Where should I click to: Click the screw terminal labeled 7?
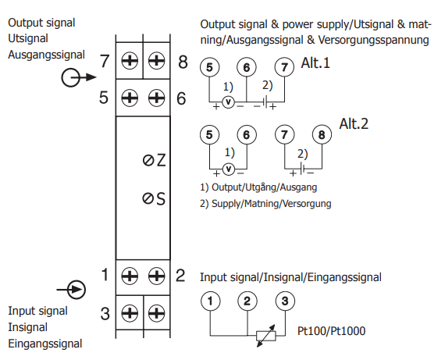click(x=130, y=61)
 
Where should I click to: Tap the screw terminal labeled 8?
click(x=156, y=61)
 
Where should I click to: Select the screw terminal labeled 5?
click(x=130, y=98)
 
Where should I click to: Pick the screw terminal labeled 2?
click(x=156, y=276)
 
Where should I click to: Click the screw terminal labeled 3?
click(x=130, y=313)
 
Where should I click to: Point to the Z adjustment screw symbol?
click(x=148, y=161)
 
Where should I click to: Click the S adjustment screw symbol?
click(x=148, y=198)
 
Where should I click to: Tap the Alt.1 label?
click(x=315, y=62)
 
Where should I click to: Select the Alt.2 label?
click(x=354, y=124)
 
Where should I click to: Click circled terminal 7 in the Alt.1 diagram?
click(x=284, y=67)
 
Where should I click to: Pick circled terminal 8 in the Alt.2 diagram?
click(x=322, y=134)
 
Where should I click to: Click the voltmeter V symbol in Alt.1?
click(x=228, y=102)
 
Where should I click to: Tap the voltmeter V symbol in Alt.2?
click(x=229, y=169)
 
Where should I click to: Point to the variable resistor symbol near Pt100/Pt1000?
click(x=266, y=336)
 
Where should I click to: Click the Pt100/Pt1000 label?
click(x=331, y=331)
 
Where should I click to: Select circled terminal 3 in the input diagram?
click(x=285, y=301)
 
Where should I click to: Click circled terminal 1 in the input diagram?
click(x=210, y=301)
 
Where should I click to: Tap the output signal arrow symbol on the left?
click(x=79, y=77)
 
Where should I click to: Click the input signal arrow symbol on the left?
click(x=71, y=290)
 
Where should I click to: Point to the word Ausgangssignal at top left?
click(x=46, y=55)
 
